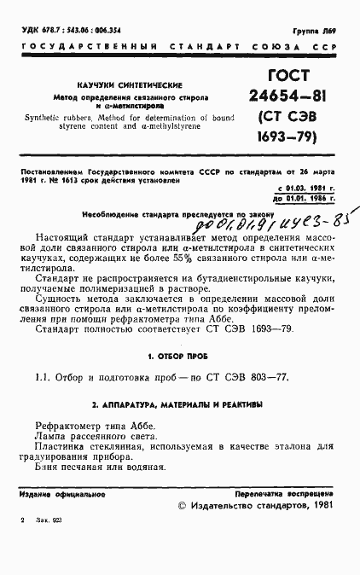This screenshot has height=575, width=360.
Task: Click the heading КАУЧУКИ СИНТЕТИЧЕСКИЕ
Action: click(x=114, y=86)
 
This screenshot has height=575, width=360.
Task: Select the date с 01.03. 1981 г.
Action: click(x=305, y=187)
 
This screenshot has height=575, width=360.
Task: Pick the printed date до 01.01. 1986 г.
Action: click(x=305, y=197)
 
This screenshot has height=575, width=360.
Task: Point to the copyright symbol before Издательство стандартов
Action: click(x=181, y=506)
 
